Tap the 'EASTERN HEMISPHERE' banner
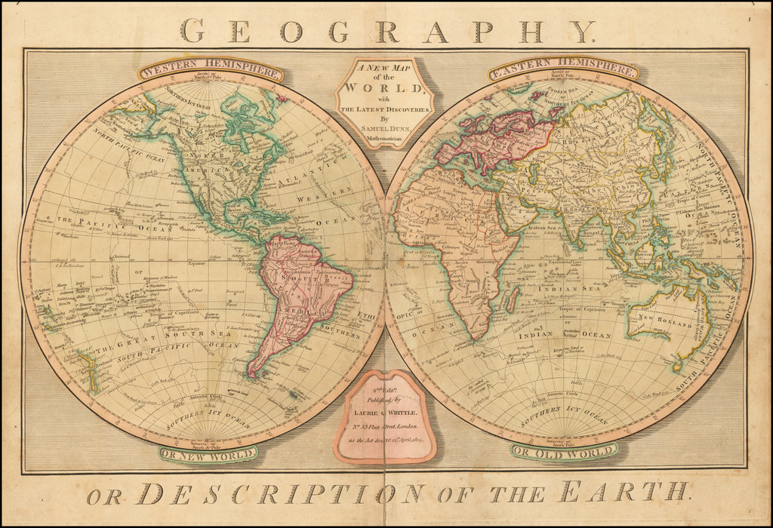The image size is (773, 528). tap(563, 71)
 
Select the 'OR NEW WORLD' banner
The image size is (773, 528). tap(208, 453)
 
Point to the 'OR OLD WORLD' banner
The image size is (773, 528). tap(563, 452)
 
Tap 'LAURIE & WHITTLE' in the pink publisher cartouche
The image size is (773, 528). tap(384, 413)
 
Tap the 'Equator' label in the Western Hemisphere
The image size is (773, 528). tap(196, 263)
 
